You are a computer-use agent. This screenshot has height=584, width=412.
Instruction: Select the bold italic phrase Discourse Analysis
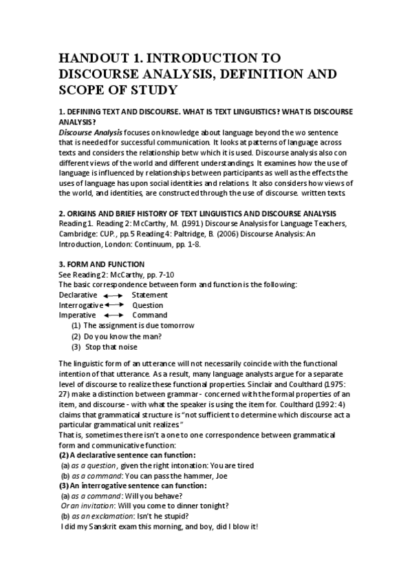coord(90,132)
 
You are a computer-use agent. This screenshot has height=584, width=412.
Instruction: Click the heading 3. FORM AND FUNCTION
coord(101,264)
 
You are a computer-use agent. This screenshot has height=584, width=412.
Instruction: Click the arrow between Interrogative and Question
coord(114,305)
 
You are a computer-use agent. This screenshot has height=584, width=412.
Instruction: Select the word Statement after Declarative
coord(149,295)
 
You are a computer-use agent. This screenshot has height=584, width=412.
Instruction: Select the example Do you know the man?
coord(122,336)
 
